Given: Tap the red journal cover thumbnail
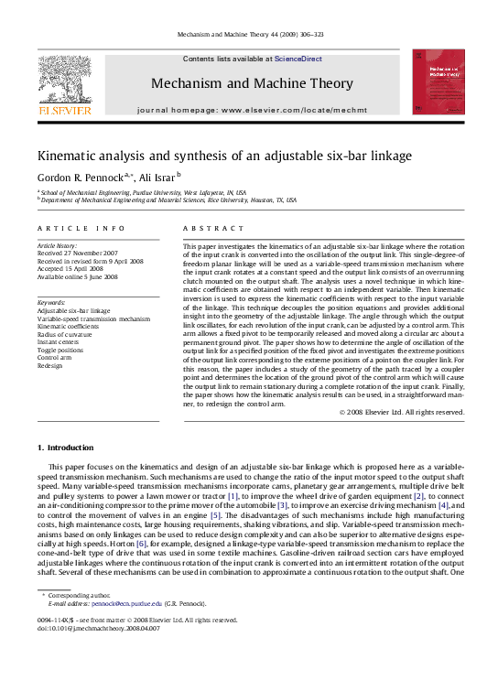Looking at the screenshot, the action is tap(438, 82).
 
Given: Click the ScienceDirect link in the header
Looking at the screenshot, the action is tap(298, 59).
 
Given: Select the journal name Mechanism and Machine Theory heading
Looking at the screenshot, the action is tap(252, 83).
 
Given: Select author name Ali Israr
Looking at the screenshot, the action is tap(157, 177).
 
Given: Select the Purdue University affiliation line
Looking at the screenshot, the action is tap(142, 193).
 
